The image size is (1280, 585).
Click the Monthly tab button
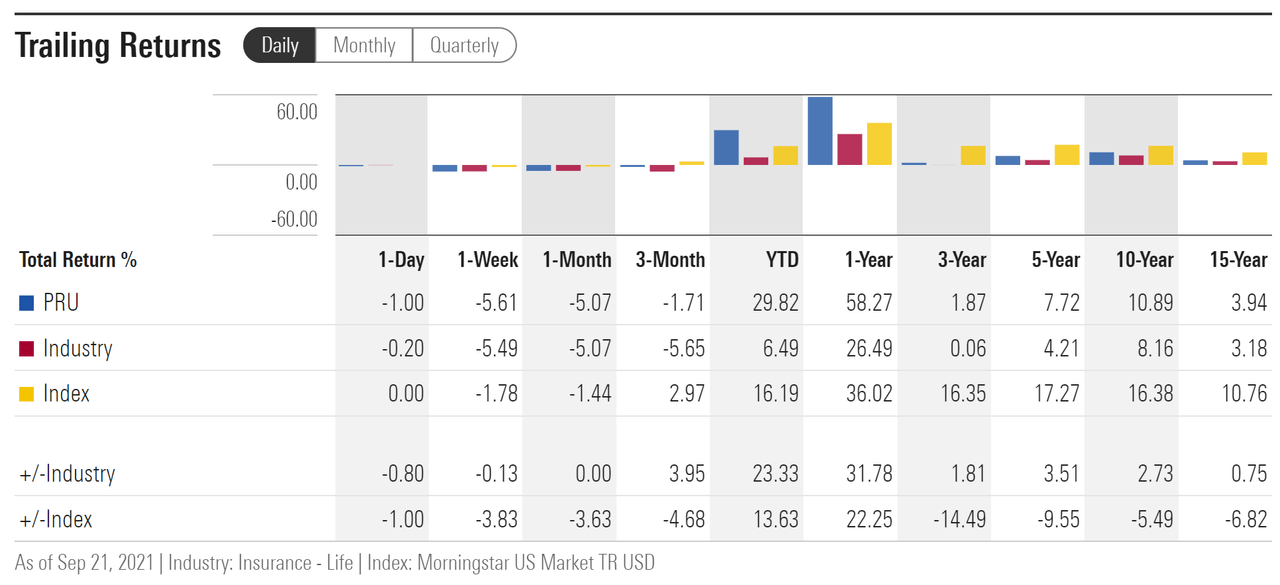click(x=364, y=46)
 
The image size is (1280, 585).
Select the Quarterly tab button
click(x=464, y=46)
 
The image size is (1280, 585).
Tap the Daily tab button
click(x=280, y=46)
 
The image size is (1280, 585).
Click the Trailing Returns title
click(x=118, y=46)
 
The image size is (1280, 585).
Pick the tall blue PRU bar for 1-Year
click(x=820, y=131)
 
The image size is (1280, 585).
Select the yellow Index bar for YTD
click(x=785, y=155)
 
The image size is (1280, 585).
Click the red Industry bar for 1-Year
click(x=850, y=149)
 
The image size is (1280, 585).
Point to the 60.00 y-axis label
click(x=297, y=112)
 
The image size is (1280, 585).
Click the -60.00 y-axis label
click(x=294, y=219)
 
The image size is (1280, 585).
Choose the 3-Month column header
click(x=670, y=260)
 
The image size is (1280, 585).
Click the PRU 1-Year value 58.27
click(x=869, y=302)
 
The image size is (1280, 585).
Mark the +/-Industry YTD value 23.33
click(x=775, y=474)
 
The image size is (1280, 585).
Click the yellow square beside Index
click(x=27, y=394)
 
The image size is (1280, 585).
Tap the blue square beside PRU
click(x=27, y=302)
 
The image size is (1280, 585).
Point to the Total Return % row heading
click(x=78, y=260)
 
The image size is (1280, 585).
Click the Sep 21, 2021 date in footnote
click(x=100, y=563)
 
